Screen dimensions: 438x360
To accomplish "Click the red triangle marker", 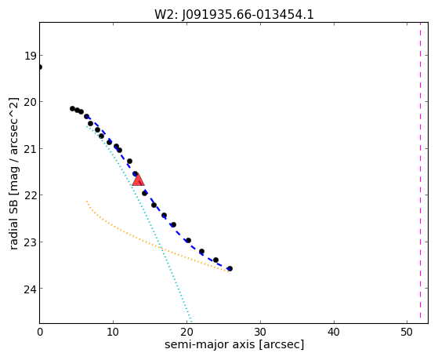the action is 138,180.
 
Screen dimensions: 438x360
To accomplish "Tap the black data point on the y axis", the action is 40,67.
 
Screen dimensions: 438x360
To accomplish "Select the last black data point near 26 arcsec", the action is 230,268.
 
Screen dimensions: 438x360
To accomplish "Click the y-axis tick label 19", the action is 31,56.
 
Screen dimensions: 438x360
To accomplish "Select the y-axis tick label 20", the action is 31,102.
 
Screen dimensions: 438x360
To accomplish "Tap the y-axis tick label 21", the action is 31,149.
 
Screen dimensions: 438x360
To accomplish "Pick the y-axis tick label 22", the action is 31,195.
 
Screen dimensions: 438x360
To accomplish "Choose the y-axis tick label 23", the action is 31,242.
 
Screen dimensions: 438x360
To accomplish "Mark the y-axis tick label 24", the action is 31,289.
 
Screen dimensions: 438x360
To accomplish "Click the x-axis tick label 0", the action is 40,332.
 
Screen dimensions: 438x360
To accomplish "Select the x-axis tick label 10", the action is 113,332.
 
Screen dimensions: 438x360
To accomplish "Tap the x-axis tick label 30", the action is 260,332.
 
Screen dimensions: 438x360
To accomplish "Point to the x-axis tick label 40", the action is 334,332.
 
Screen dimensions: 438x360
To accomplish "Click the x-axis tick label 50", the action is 407,332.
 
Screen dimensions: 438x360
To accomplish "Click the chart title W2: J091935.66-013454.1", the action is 234,14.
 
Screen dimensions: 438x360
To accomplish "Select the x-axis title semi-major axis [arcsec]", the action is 234,344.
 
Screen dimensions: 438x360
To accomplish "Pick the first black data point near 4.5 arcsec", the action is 72,108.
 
